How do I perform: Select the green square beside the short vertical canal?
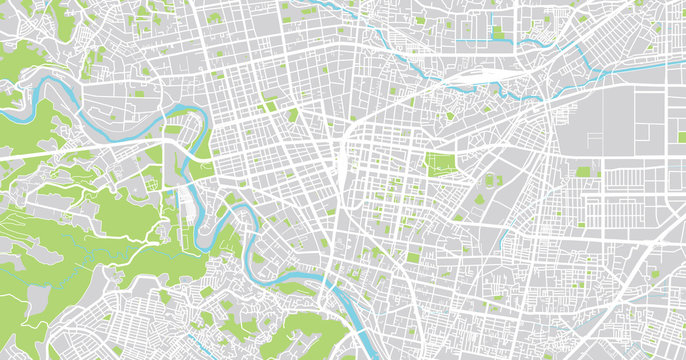[x=498, y=33]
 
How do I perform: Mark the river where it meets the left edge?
[x=8, y=112]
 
